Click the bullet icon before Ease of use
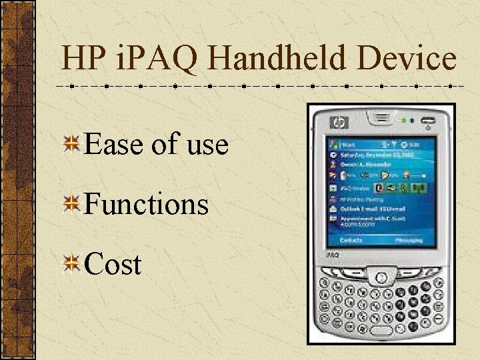click(72, 144)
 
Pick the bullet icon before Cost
click(72, 265)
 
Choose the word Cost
click(113, 265)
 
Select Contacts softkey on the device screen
click(351, 239)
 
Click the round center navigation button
click(381, 276)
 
